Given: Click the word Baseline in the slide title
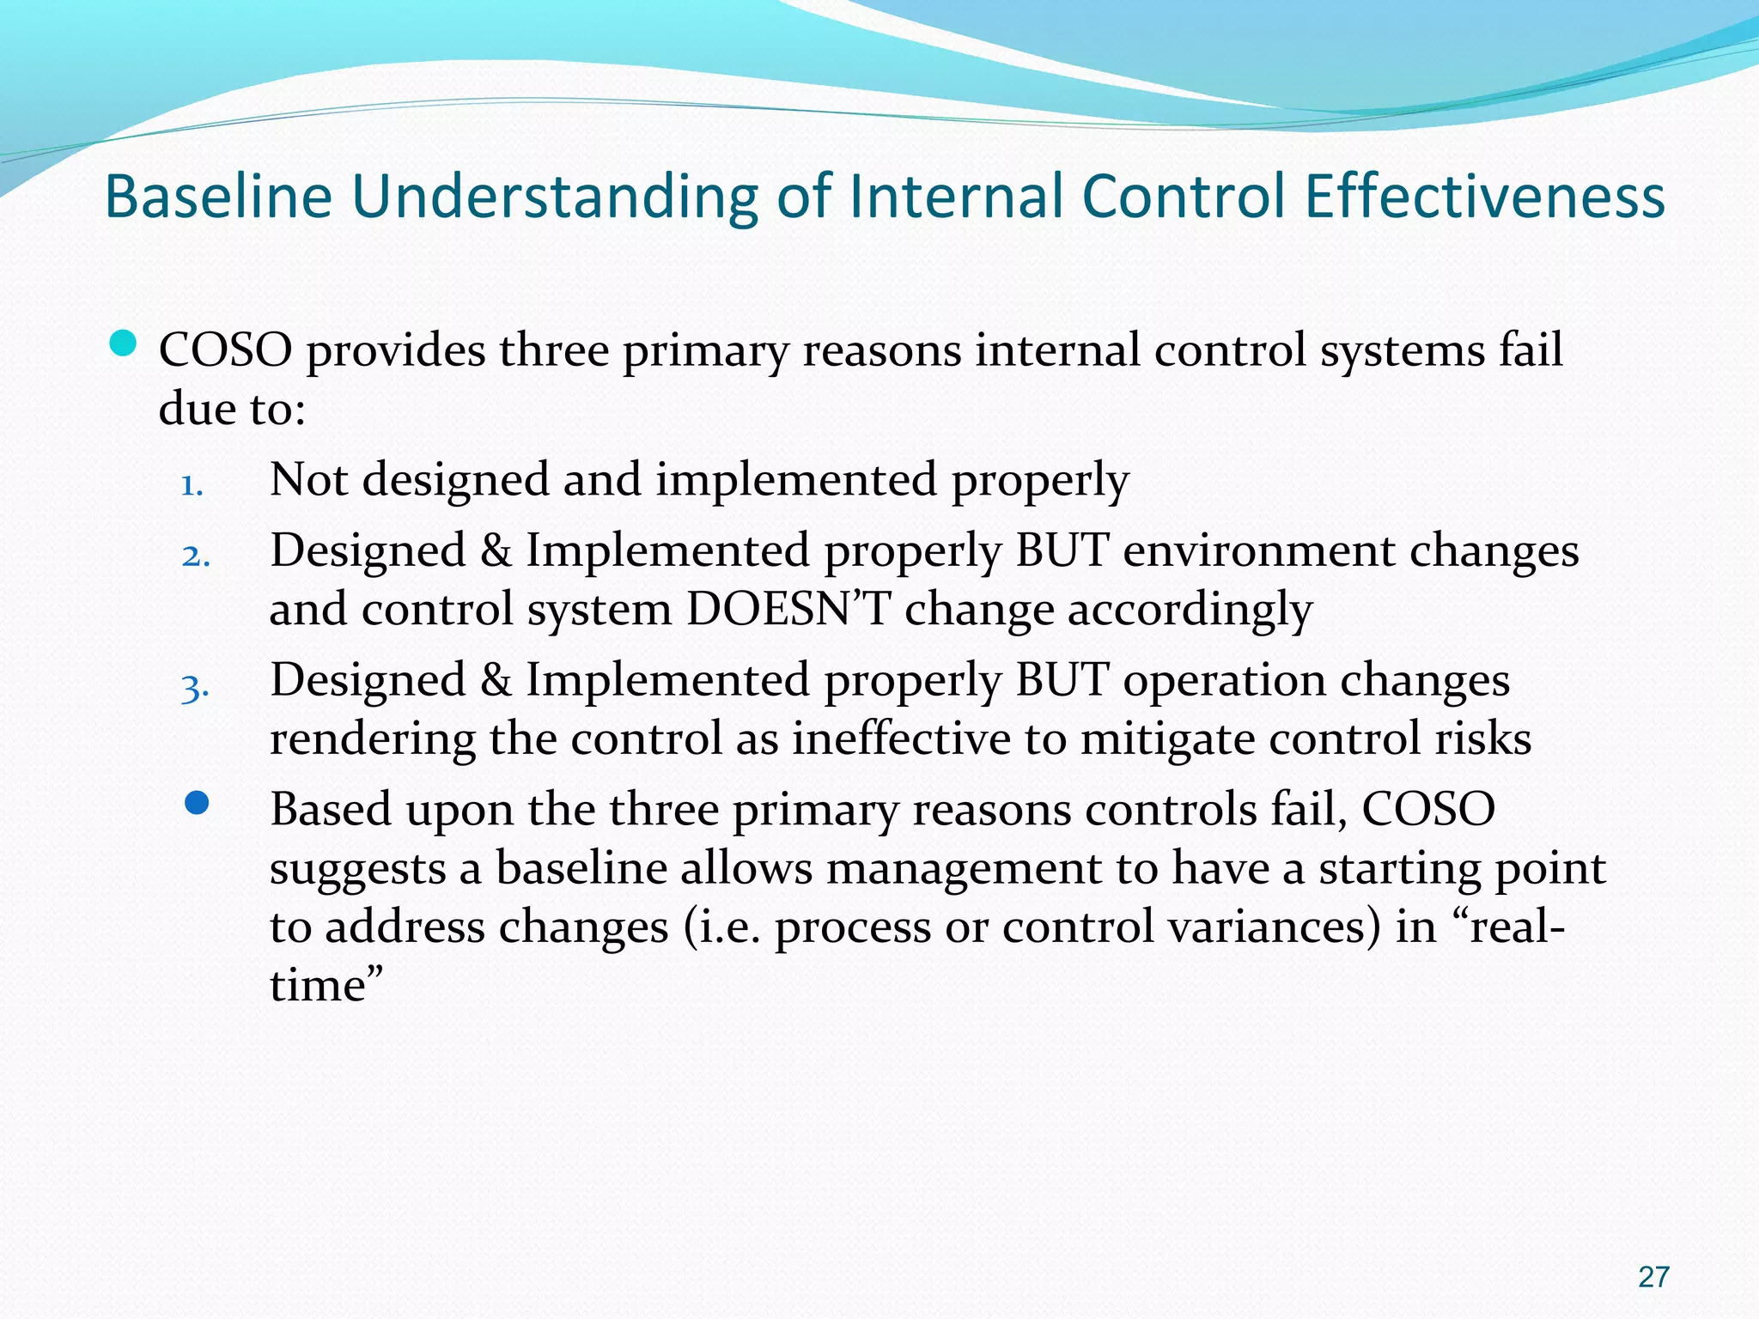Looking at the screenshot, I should (x=218, y=197).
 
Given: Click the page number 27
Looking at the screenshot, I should (x=1652, y=1277).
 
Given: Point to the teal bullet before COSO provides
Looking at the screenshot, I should (x=124, y=344).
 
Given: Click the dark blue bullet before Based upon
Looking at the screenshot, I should (x=197, y=803).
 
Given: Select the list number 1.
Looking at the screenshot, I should (x=192, y=487).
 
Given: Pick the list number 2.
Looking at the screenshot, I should (x=196, y=556).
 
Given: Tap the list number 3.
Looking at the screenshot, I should (x=195, y=688).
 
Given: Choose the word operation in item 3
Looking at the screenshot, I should (x=1224, y=680).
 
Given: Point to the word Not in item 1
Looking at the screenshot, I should (x=308, y=479).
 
